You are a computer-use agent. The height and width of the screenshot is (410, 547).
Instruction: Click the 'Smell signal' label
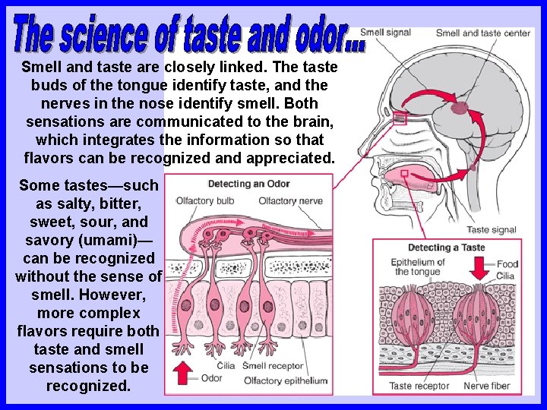(x=384, y=33)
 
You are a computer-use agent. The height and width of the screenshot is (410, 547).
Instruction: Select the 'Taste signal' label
(x=491, y=230)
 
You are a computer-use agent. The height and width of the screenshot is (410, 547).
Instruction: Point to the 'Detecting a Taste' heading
(x=446, y=248)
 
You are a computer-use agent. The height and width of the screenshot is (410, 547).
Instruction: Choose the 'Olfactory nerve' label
(x=290, y=201)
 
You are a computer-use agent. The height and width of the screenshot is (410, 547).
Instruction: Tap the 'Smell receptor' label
(x=273, y=366)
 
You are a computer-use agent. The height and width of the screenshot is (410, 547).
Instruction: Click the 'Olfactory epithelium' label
(x=285, y=380)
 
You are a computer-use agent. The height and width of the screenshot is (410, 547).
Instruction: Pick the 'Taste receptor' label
(x=419, y=386)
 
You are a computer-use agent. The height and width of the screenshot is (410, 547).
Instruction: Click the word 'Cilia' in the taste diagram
(x=506, y=275)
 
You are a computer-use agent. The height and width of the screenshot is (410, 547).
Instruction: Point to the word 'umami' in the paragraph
(x=119, y=240)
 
